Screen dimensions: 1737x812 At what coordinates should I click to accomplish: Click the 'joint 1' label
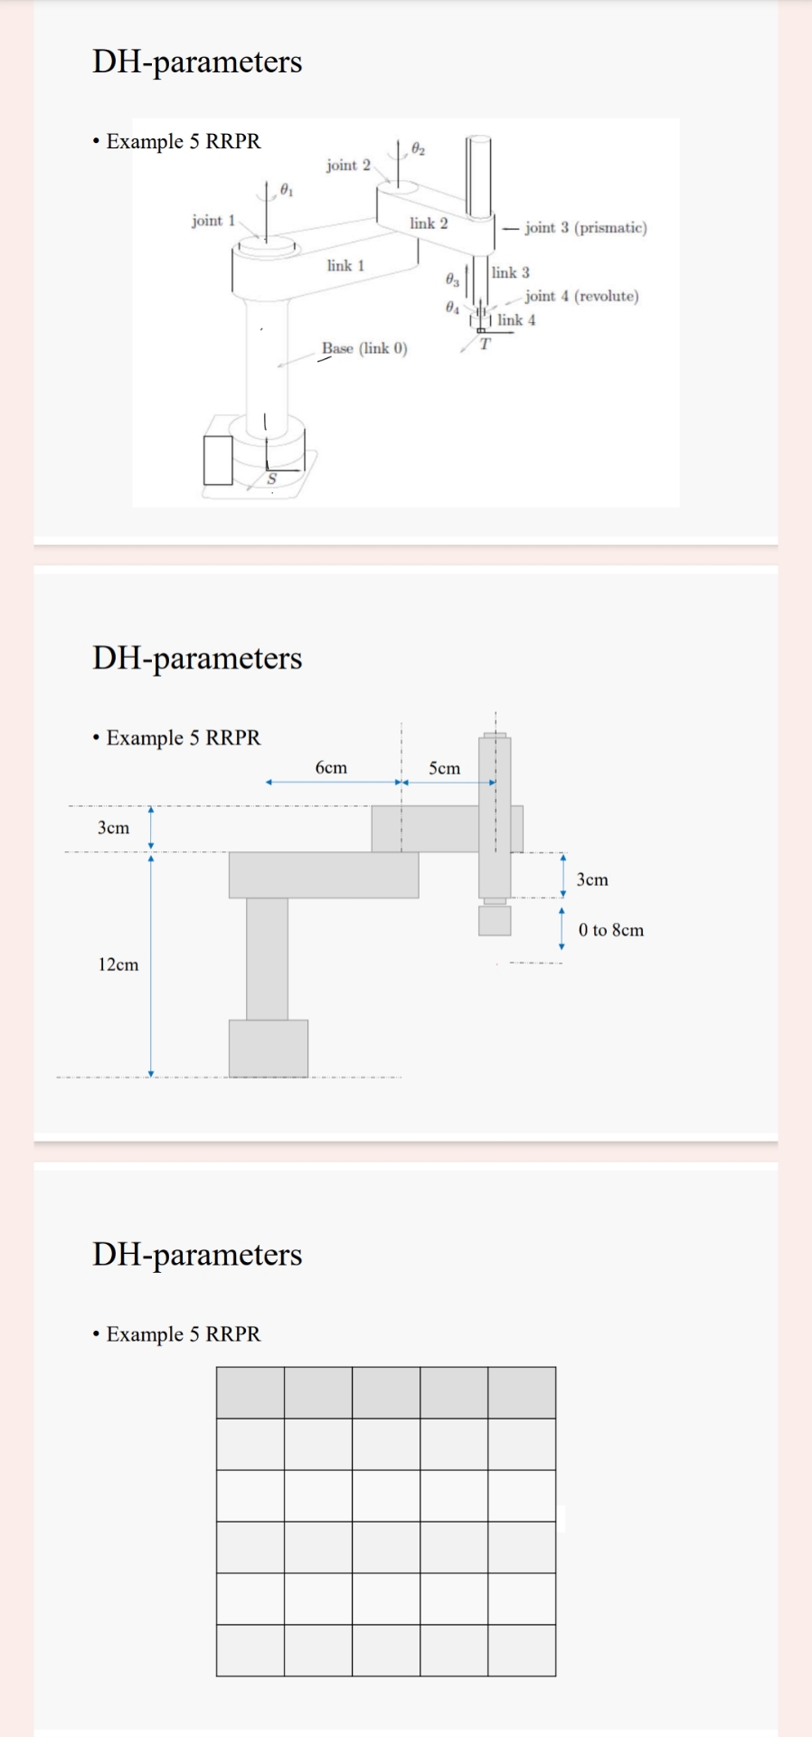pos(212,221)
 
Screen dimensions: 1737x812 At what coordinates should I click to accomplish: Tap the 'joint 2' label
pos(348,165)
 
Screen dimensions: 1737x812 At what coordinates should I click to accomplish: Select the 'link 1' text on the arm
pos(345,265)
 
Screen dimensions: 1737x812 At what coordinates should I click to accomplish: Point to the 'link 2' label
pos(428,223)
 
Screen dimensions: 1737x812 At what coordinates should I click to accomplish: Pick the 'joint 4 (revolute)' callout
pos(581,296)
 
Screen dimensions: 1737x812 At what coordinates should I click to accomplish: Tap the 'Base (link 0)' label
pos(364,348)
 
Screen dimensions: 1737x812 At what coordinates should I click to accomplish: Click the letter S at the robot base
pos(270,479)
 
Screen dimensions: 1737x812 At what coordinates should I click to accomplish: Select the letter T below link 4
pos(485,344)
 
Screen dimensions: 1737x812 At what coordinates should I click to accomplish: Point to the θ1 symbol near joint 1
pos(286,190)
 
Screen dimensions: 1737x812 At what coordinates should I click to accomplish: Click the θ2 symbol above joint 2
pos(417,147)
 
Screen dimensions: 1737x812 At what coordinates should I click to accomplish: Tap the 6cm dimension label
pos(331,767)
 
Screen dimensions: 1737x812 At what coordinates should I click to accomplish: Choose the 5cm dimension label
pos(444,768)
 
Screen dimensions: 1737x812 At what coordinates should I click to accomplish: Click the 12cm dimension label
pos(118,964)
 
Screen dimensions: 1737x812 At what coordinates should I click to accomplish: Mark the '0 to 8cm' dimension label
pos(611,930)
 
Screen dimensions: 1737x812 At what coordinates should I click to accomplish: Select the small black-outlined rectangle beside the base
pos(218,460)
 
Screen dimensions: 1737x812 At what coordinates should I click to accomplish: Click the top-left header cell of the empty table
pos(250,1392)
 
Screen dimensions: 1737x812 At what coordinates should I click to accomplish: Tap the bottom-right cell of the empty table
pos(522,1650)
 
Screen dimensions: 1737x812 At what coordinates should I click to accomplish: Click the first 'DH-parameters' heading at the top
pos(197,62)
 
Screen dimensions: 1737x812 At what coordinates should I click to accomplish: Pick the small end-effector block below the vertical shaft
pos(495,921)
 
